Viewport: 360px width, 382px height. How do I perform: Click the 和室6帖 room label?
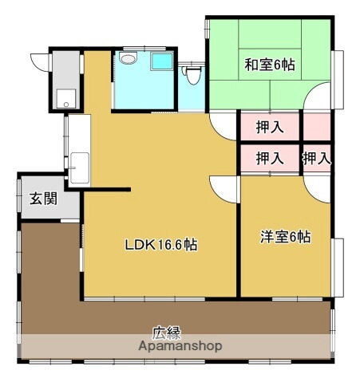point(269,65)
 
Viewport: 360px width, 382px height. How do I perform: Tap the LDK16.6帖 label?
point(160,245)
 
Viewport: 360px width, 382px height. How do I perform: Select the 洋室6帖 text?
point(285,237)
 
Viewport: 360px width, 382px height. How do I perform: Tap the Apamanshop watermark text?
point(180,347)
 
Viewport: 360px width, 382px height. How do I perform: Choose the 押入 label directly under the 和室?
point(270,127)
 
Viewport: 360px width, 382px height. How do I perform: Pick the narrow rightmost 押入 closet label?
point(316,159)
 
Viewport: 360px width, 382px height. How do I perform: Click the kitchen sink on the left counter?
point(78,168)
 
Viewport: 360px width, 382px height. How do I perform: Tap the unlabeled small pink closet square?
point(316,127)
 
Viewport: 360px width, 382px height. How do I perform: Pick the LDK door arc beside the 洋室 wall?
point(226,189)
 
